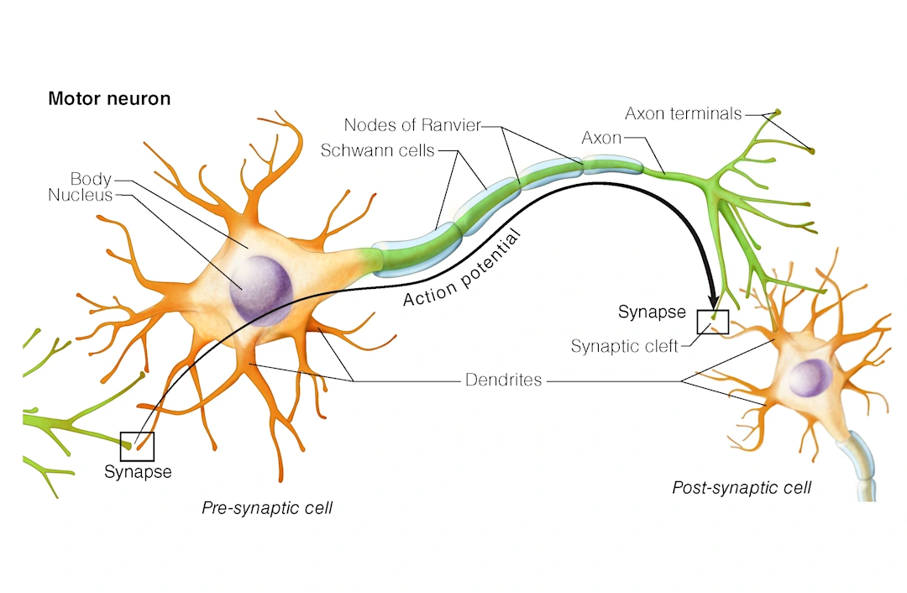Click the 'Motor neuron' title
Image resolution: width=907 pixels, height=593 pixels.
coord(109,98)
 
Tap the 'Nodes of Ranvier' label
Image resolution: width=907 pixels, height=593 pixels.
coord(412,125)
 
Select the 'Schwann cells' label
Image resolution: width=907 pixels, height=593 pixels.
coord(377,151)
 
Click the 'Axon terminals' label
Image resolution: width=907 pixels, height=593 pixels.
coord(684,113)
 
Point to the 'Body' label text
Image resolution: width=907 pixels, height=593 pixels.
coord(91,178)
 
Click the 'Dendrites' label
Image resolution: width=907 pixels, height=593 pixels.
coord(503,380)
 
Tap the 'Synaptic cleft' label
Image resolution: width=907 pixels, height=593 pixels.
coord(624,346)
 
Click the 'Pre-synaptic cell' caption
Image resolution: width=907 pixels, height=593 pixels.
coord(267,508)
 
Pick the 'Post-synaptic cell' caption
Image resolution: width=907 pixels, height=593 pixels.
coord(742,487)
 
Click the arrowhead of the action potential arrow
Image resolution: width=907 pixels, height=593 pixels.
coord(713,300)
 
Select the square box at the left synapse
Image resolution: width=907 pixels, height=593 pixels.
coord(137,445)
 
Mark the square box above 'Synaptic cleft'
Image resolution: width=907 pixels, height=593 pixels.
coord(713,322)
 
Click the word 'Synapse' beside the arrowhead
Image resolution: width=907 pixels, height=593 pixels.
coord(653,312)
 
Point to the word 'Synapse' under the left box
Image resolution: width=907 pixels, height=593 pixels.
coord(138,472)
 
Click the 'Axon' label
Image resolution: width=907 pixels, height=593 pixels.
coord(600,138)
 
